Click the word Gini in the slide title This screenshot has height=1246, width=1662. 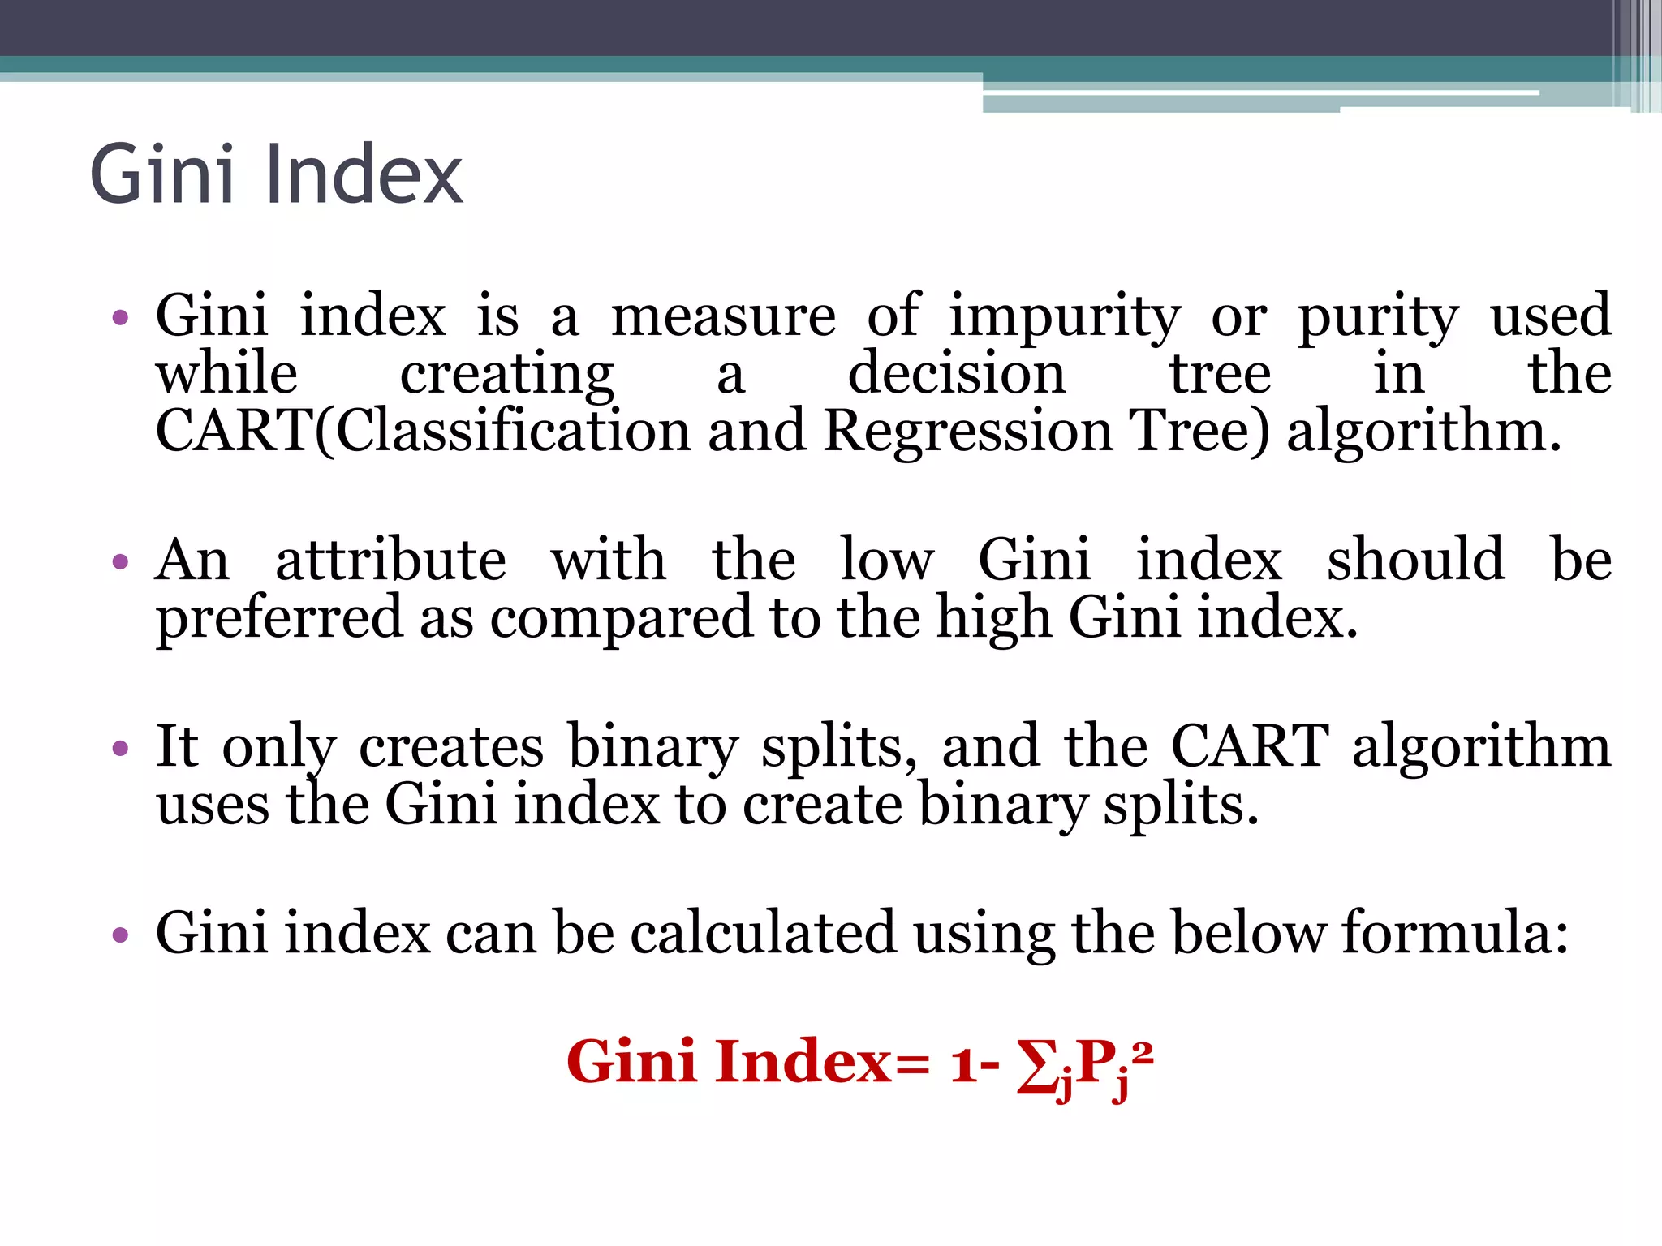click(161, 174)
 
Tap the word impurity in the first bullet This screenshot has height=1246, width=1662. click(1066, 316)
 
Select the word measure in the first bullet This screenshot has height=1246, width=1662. click(723, 316)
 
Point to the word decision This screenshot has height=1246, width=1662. click(956, 374)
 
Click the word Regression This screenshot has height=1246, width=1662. click(969, 431)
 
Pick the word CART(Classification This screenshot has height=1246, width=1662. click(423, 431)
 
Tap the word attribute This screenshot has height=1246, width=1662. click(391, 561)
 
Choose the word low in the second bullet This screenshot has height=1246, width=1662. click(887, 561)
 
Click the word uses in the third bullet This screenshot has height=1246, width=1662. click(213, 806)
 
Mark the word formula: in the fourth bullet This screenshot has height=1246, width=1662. click(1454, 933)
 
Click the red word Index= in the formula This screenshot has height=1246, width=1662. click(821, 1062)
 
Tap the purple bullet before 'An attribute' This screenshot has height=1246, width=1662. click(121, 561)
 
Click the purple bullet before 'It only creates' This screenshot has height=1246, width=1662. click(121, 748)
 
